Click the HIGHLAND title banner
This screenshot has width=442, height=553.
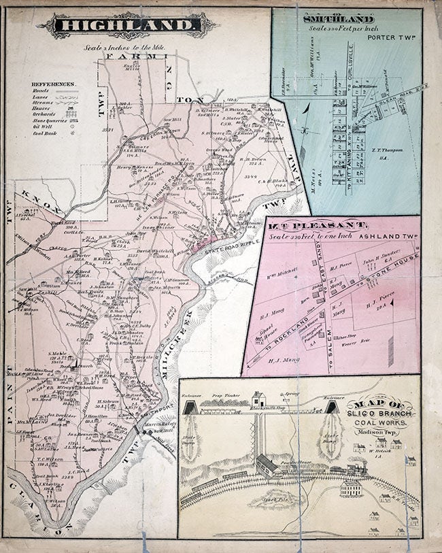click(126, 26)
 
